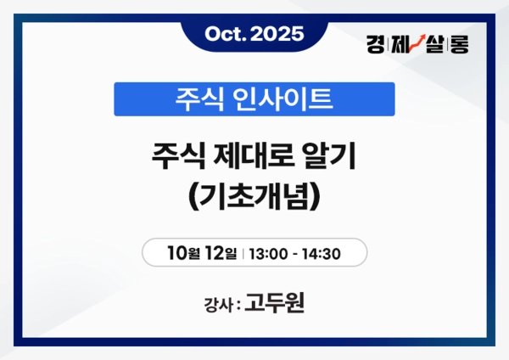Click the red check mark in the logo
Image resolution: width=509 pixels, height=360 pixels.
pyautogui.click(x=418, y=42)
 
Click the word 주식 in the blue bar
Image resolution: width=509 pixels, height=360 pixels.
pyautogui.click(x=196, y=99)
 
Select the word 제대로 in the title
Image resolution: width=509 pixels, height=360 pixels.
pyautogui.click(x=257, y=157)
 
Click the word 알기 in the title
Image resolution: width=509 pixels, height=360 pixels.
pyautogui.click(x=333, y=157)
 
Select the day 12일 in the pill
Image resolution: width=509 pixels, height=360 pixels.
pyautogui.click(x=222, y=252)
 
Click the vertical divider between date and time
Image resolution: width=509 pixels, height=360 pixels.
pyautogui.click(x=243, y=252)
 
